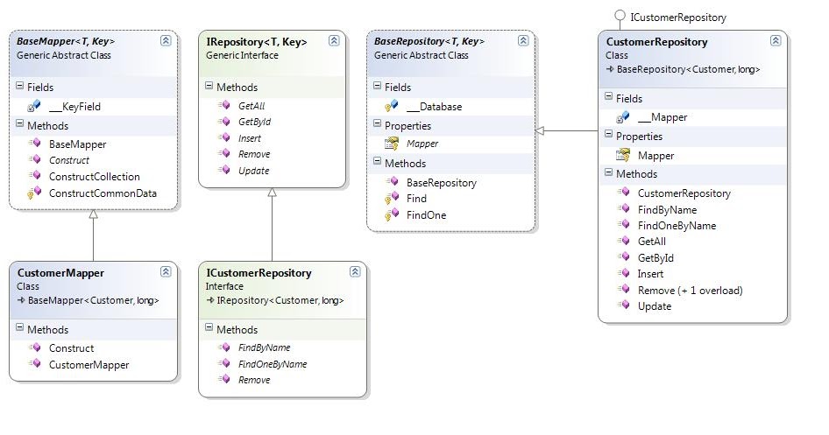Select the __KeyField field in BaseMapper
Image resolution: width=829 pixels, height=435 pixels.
[74, 106]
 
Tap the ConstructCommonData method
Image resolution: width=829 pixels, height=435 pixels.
[102, 193]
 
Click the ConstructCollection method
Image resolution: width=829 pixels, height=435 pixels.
[94, 177]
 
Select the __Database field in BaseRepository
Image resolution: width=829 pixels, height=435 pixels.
[434, 106]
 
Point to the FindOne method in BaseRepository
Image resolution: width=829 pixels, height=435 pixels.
[426, 214]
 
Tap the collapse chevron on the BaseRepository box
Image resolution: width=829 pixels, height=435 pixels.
[523, 40]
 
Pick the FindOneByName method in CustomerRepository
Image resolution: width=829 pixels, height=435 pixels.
[677, 225]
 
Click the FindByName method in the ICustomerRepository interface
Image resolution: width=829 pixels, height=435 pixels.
[264, 347]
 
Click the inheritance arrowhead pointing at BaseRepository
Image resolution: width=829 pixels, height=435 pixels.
[541, 130]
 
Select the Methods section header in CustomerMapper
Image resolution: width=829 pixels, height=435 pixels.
[47, 329]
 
